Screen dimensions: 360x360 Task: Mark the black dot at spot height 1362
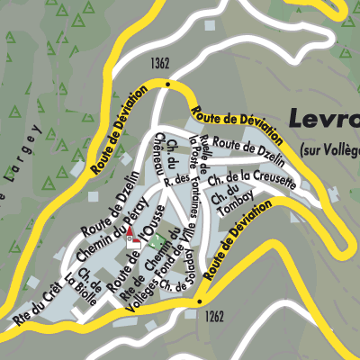167,83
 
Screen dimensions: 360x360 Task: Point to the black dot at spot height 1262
199,303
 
